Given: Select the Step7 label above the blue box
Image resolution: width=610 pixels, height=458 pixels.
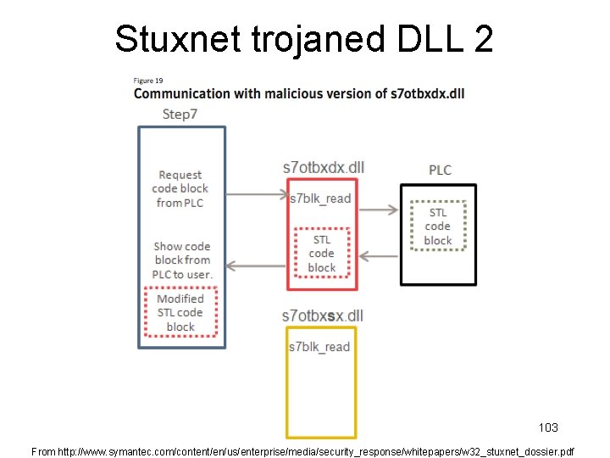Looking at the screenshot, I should (179, 114).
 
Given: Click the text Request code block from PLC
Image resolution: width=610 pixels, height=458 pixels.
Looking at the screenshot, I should (180, 188).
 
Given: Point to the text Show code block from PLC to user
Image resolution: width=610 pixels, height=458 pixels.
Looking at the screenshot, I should (182, 260).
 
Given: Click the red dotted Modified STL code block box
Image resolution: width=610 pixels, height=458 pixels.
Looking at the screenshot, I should (180, 313).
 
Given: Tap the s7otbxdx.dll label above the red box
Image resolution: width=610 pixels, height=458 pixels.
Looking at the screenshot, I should (323, 167).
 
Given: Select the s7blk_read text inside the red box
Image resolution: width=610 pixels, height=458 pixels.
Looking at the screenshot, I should (319, 198).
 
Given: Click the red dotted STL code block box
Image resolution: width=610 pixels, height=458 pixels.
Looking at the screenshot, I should (322, 254).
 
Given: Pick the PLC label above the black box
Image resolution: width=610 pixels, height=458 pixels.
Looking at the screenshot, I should (440, 170).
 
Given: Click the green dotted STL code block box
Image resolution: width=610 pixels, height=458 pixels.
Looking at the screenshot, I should (437, 226).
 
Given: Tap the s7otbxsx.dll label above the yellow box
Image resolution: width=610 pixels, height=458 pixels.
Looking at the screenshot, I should (322, 316).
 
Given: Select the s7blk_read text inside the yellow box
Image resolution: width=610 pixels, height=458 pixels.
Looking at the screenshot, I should (319, 347).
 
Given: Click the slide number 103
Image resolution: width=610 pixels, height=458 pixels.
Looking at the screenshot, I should (548, 427).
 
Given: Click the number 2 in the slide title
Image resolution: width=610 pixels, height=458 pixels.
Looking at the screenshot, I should (482, 38).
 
